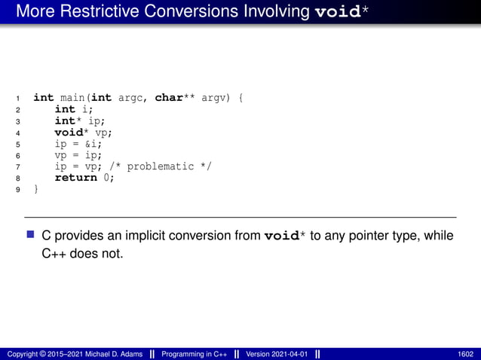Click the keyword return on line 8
[x=76, y=178]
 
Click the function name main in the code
[x=72, y=98]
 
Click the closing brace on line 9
[x=36, y=189]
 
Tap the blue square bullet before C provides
[x=31, y=235]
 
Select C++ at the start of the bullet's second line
[x=52, y=254]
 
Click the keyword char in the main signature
[x=170, y=98]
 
